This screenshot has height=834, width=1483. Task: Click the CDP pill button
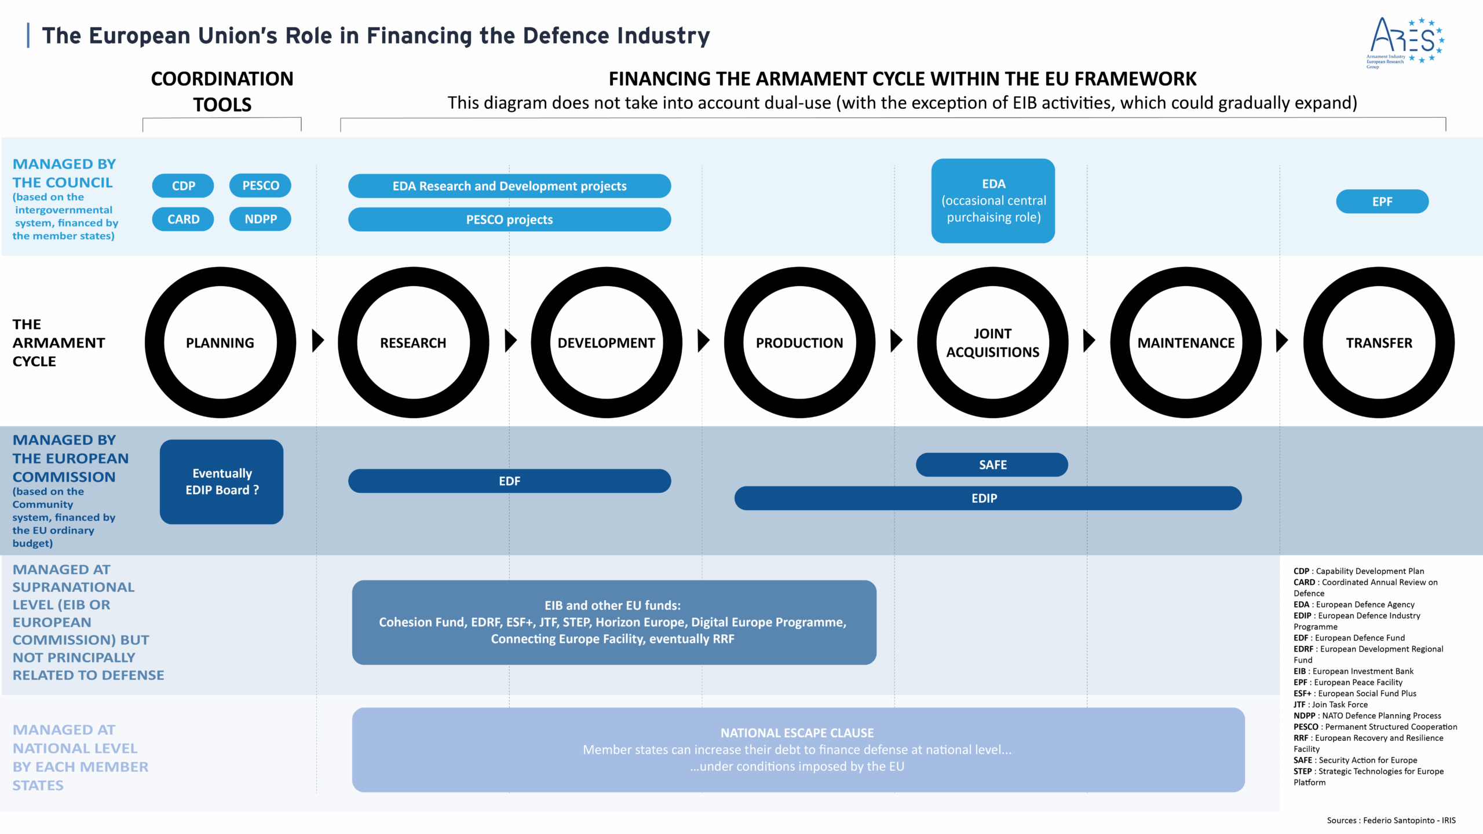pyautogui.click(x=183, y=186)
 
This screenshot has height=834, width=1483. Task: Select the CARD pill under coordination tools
pyautogui.click(x=183, y=220)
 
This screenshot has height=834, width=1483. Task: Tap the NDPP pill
pyautogui.click(x=260, y=220)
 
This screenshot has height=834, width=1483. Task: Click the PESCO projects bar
pyautogui.click(x=509, y=220)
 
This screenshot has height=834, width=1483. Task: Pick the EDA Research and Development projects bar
pyautogui.click(x=509, y=186)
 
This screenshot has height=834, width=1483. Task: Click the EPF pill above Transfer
pyautogui.click(x=1382, y=202)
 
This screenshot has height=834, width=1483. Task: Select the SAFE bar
pyautogui.click(x=992, y=464)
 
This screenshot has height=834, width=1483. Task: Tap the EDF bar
pyautogui.click(x=509, y=481)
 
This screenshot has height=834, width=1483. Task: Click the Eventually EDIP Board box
pyautogui.click(x=221, y=482)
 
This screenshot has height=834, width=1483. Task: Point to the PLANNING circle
pyautogui.click(x=220, y=342)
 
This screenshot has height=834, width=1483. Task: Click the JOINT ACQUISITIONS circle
pyautogui.click(x=992, y=342)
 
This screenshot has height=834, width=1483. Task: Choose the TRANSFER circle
pyautogui.click(x=1379, y=342)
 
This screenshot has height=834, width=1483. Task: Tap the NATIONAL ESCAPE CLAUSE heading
pyautogui.click(x=797, y=733)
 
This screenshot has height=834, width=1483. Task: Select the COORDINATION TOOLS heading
pyautogui.click(x=222, y=92)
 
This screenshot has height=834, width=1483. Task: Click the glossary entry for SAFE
pyautogui.click(x=1355, y=760)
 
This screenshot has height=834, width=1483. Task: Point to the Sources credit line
pyautogui.click(x=1391, y=820)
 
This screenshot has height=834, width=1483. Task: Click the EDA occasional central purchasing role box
pyautogui.click(x=993, y=200)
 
